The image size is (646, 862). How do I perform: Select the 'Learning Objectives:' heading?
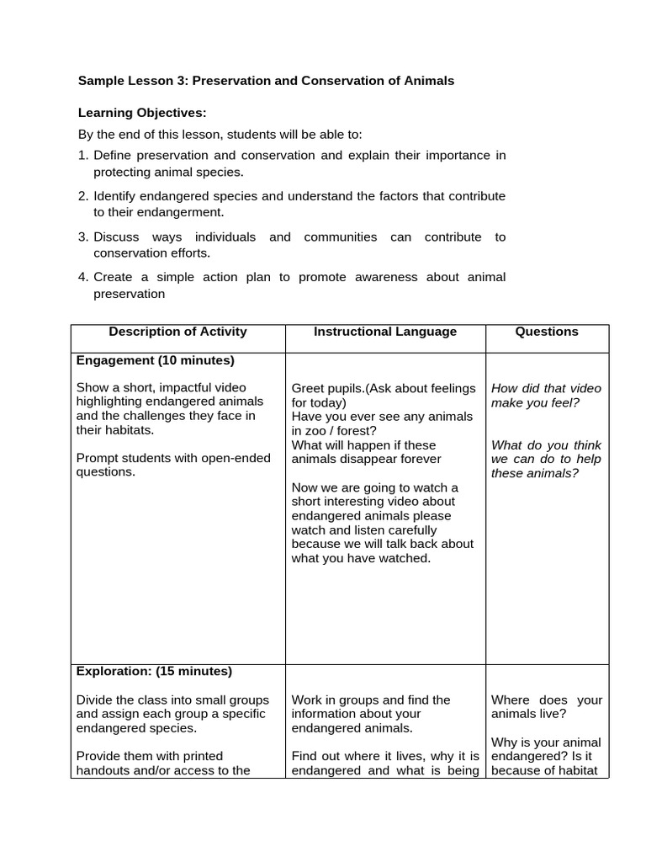142,113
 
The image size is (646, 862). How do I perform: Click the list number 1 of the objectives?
82,155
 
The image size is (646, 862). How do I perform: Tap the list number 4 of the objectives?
82,277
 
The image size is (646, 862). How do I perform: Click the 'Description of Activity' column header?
178,332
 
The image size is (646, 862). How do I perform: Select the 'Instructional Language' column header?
385,332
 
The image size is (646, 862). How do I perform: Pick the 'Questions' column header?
547,332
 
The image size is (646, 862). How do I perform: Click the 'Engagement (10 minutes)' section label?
155,360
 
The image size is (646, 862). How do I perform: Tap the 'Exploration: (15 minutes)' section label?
154,671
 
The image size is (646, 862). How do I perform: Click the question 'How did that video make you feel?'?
546,396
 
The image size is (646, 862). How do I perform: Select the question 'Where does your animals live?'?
546,707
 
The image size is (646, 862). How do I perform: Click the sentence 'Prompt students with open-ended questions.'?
173,465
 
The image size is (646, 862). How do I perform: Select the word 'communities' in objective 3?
340,237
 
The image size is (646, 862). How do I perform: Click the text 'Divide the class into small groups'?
172,700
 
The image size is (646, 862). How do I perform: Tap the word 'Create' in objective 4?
113,277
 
